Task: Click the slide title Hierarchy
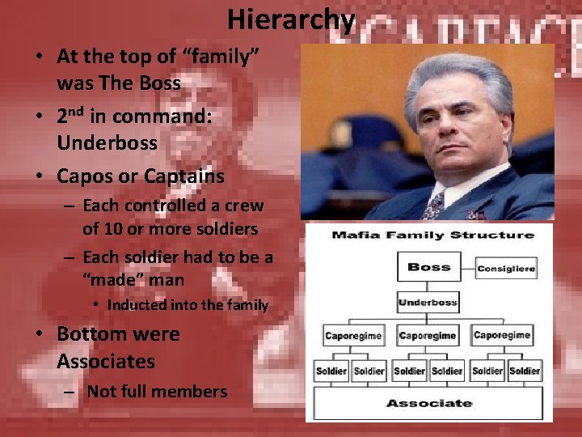[290, 19]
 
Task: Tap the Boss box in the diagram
[428, 267]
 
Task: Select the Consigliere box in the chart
[506, 269]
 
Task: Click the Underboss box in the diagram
[428, 303]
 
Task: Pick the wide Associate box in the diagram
[428, 402]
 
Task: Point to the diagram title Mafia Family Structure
[432, 235]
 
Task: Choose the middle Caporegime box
[428, 335]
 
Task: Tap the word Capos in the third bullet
[85, 175]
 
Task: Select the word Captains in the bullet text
[187, 175]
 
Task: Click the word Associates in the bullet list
[105, 361]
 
